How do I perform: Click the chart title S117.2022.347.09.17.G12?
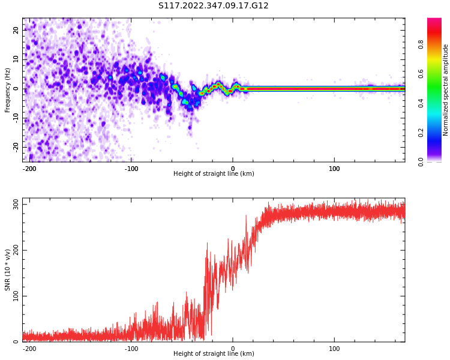pos(214,6)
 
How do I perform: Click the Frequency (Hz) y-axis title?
pos(8,90)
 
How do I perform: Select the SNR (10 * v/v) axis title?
pos(8,270)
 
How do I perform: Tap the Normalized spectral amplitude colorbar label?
pos(446,90)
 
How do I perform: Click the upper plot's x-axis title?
pos(214,174)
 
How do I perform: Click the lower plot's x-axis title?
pos(214,354)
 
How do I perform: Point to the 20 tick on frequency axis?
pos(16,30)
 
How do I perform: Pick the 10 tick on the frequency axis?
pos(16,59)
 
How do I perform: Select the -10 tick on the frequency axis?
pos(14,118)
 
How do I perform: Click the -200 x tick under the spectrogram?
pos(30,169)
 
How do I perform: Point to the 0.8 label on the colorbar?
pos(421,44)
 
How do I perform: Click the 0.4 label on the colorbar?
pos(421,103)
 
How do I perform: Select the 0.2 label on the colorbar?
pos(421,133)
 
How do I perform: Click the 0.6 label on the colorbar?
pos(421,74)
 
